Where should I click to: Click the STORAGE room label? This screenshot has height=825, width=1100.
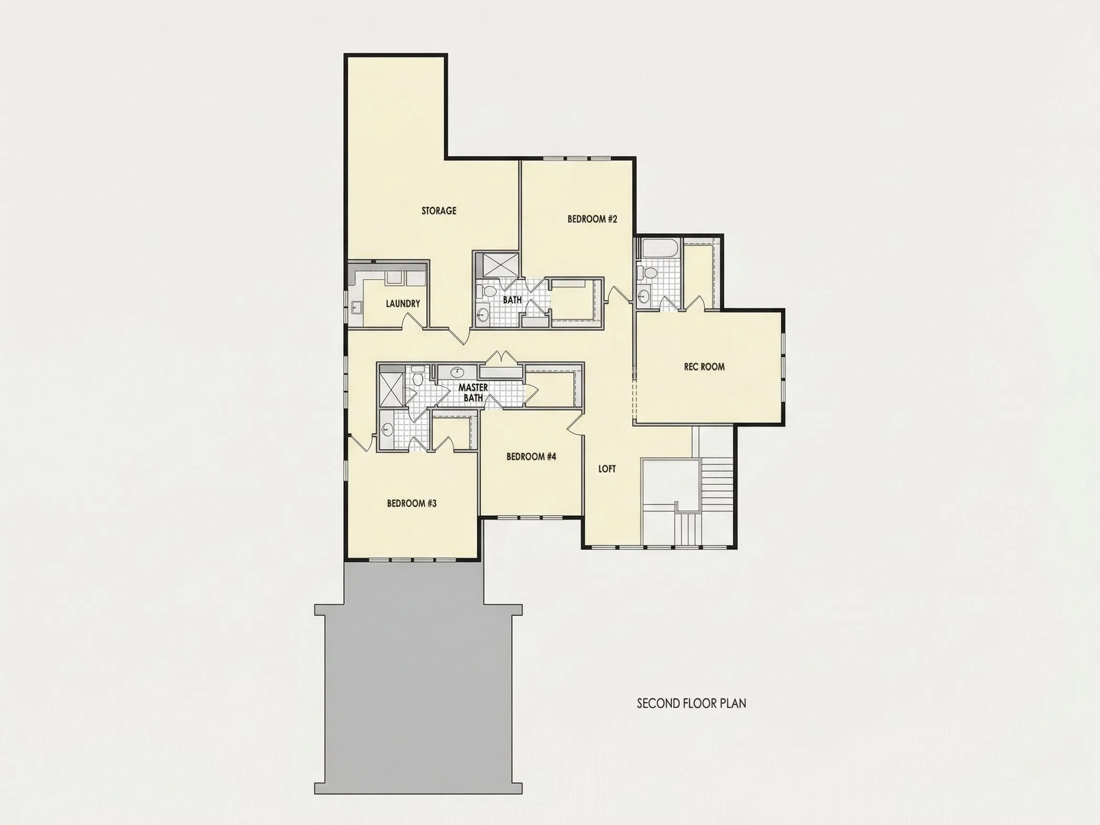pos(439,211)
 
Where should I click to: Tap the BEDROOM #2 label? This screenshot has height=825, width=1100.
pos(592,219)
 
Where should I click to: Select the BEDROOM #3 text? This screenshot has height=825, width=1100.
pos(412,503)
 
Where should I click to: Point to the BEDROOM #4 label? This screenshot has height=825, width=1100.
pos(531,456)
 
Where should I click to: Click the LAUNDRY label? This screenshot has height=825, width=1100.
pos(403,303)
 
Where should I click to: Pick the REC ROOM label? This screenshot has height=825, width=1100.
pos(704,367)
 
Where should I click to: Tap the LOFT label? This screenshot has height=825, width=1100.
pos(607,468)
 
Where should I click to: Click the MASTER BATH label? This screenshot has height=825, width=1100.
pos(473,392)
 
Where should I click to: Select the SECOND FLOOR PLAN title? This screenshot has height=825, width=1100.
pos(691,703)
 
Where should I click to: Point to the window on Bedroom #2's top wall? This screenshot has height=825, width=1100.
pos(577,159)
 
